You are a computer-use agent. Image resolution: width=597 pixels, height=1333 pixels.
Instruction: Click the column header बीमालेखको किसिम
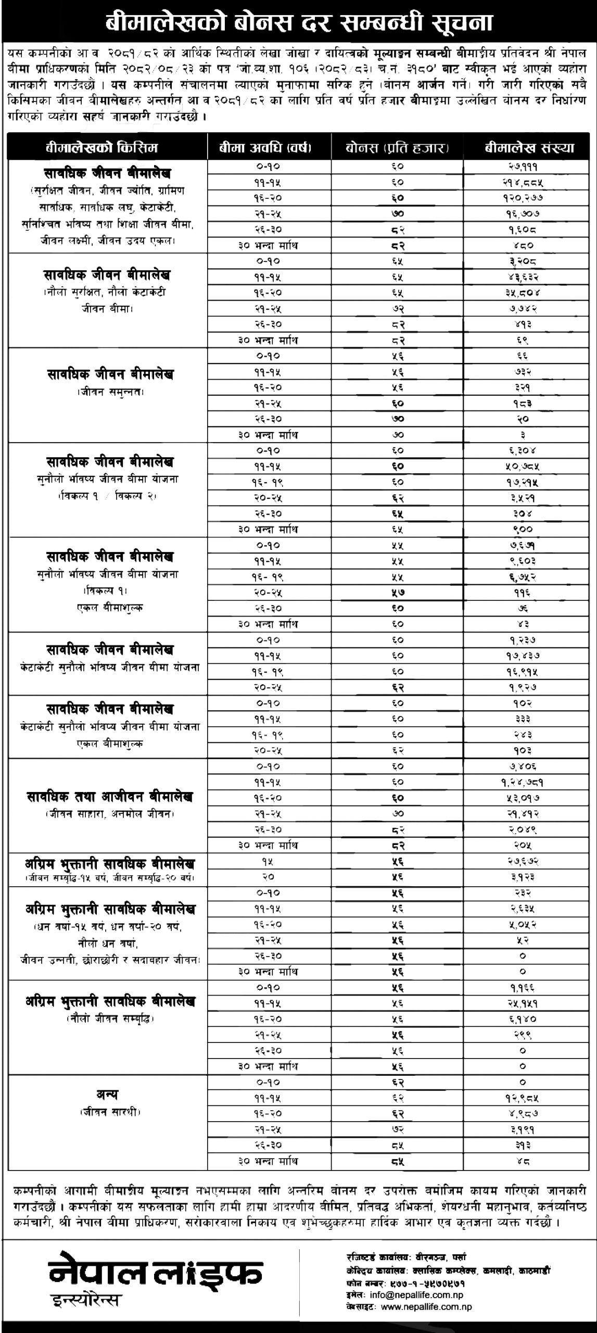tap(107, 148)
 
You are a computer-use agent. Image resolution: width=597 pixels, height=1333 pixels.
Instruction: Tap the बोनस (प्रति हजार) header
tap(398, 148)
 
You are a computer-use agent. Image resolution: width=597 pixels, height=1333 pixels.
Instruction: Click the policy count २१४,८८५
tap(523, 182)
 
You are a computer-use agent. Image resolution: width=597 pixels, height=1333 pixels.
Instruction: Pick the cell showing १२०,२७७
tap(523, 198)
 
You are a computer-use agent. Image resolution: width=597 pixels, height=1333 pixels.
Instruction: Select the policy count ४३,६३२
tap(523, 276)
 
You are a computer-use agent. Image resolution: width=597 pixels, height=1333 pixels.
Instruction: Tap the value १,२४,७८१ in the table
tap(523, 782)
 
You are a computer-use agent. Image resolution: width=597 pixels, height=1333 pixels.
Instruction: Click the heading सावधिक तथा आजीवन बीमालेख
tap(109, 797)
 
